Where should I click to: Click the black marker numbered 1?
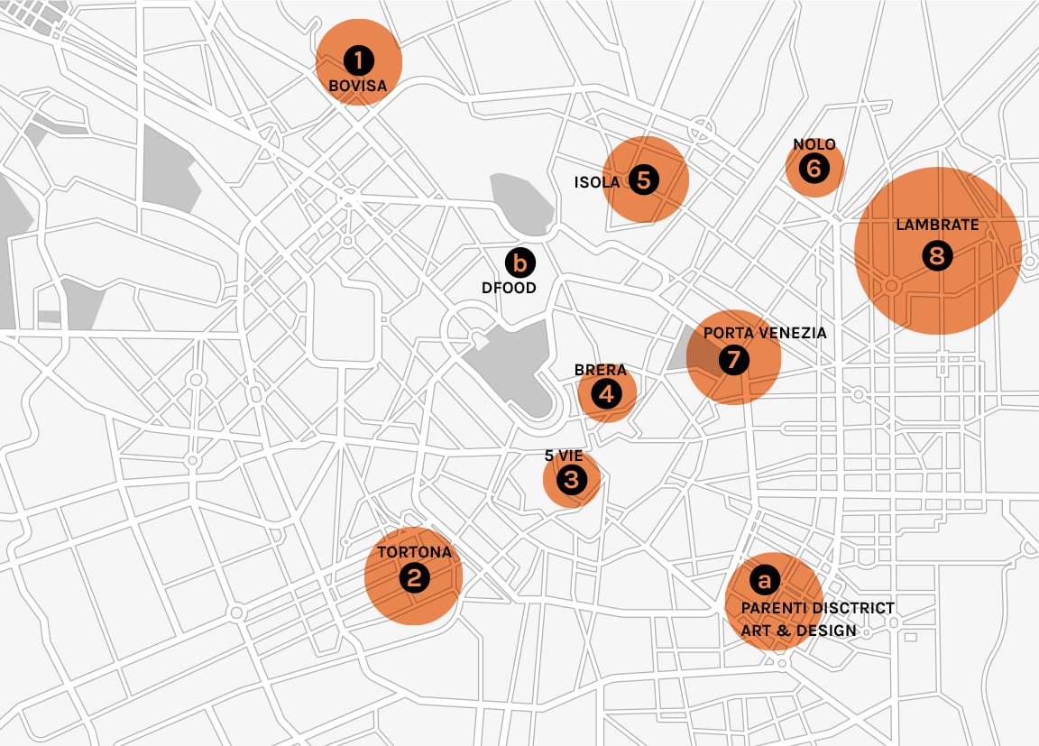tap(358, 61)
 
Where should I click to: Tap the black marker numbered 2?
tap(414, 577)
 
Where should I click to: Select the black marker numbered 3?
tap(572, 480)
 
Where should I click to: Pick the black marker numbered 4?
tap(606, 393)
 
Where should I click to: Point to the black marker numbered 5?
tap(643, 180)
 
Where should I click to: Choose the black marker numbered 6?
tap(814, 168)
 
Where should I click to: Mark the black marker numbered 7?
tap(733, 360)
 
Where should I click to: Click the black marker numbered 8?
tap(937, 256)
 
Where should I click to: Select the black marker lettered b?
tap(519, 262)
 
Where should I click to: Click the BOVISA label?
tap(358, 87)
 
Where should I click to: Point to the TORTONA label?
tap(414, 552)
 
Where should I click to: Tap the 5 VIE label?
tap(565, 456)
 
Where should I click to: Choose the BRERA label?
tap(600, 371)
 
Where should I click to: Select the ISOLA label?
tap(597, 182)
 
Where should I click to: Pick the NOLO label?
tap(814, 144)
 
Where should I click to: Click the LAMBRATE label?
tap(937, 226)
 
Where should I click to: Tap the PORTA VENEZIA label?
tap(765, 333)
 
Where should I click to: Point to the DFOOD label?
tap(509, 288)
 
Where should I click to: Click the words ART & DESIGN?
tap(798, 631)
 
